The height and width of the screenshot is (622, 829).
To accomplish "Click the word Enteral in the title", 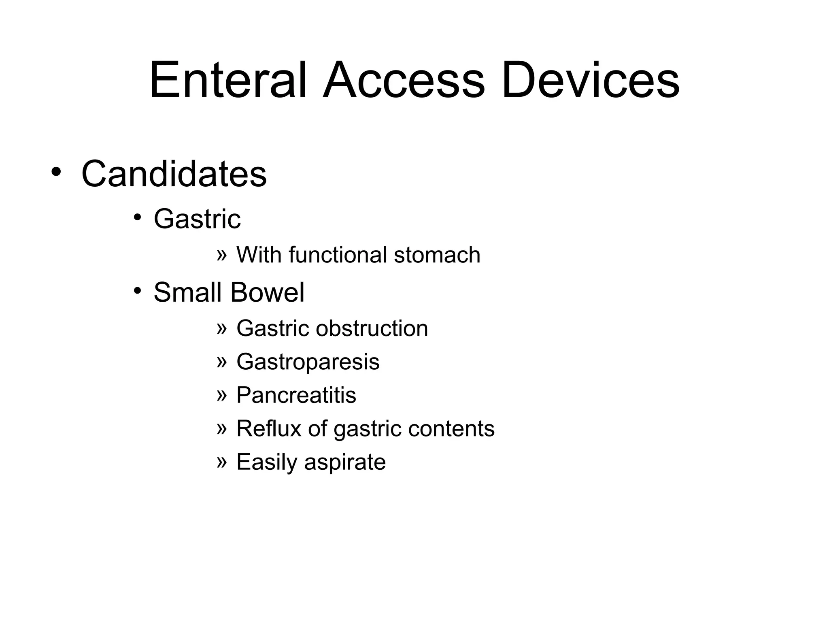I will coord(228,80).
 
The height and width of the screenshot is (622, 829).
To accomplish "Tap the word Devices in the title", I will coord(591,80).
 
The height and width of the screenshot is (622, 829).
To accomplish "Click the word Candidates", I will coord(174,174).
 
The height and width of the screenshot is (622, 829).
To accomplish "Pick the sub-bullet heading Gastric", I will coord(197,219).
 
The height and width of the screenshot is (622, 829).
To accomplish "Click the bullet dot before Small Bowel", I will coord(138,290).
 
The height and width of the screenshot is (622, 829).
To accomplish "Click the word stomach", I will coord(437,255).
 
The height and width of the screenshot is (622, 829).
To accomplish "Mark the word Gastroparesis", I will coord(308,362).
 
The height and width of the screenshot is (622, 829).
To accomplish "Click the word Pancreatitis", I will coord(296,395).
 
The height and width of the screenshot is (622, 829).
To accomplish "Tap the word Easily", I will coord(267,462).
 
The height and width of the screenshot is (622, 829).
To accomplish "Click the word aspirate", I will coord(345,462).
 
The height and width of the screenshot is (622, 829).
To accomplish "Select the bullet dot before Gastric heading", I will coord(138,217).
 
